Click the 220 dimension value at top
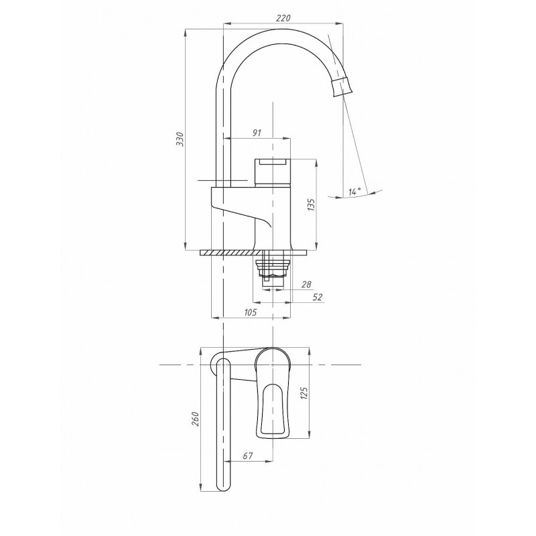(x=283, y=18)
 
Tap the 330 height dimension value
(x=180, y=139)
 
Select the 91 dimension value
(x=257, y=133)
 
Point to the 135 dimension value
(x=311, y=204)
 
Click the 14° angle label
(x=355, y=192)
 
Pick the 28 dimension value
(x=306, y=284)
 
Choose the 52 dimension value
(x=318, y=297)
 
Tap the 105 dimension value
(x=250, y=312)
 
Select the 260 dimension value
(x=195, y=419)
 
